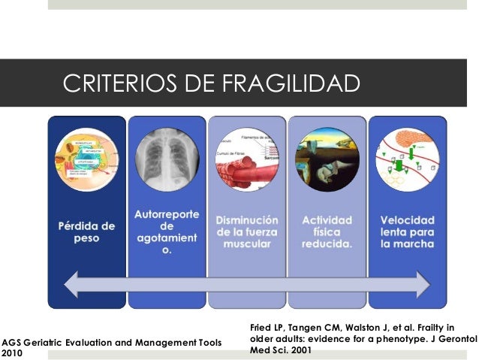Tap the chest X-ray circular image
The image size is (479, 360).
[x=166, y=160]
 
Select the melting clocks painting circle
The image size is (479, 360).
[x=327, y=160]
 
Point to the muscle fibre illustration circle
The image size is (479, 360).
[x=248, y=160]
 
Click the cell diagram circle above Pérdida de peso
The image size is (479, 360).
[x=86, y=160]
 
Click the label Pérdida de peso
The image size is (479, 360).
[x=86, y=231]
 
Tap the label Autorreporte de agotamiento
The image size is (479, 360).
[x=167, y=231]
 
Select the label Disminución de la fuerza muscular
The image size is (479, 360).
[x=247, y=231]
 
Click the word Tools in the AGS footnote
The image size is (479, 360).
[x=208, y=342]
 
